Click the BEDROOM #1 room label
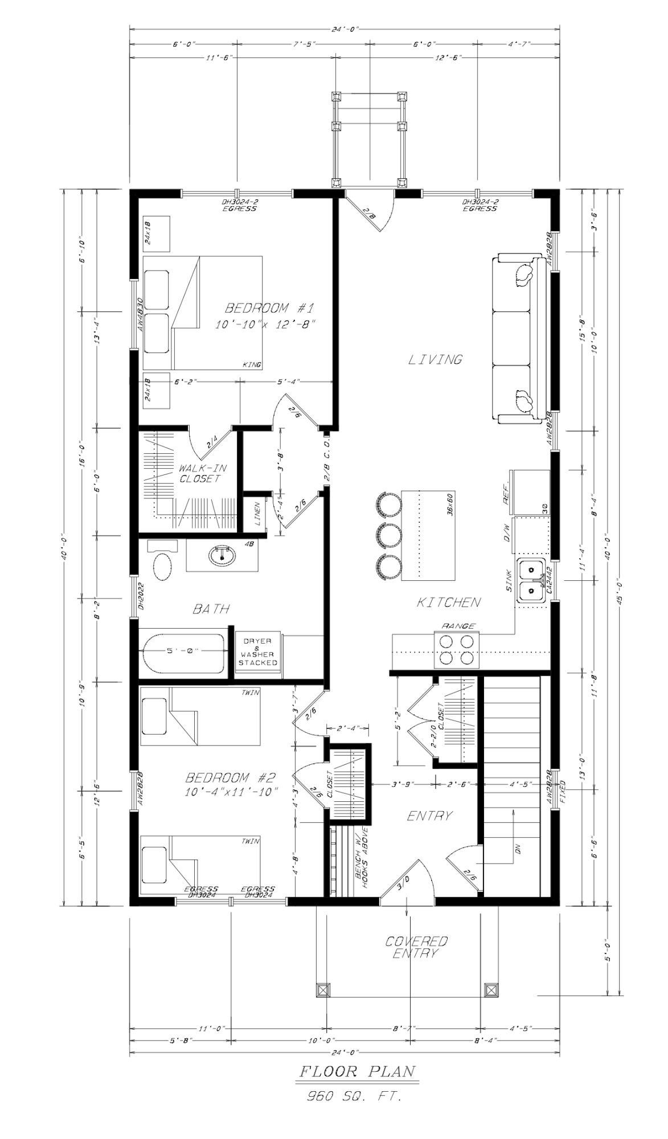(270, 309)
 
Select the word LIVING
(436, 359)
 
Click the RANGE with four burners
(457, 650)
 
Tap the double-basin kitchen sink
(532, 580)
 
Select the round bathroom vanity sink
(222, 555)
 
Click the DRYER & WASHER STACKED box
(258, 652)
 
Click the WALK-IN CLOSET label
(203, 473)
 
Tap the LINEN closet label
(257, 514)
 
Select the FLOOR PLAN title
(358, 1071)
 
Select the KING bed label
(251, 364)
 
